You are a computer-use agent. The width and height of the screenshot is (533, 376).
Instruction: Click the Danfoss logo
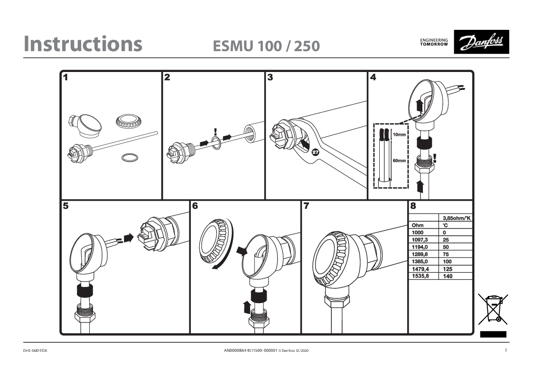(481, 42)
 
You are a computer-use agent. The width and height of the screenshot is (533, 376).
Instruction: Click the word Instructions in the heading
(83, 44)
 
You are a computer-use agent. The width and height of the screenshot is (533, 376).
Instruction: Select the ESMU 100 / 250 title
(266, 46)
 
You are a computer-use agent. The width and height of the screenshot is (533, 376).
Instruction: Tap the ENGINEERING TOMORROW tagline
(434, 42)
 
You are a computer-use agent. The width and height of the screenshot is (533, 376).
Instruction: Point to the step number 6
(195, 206)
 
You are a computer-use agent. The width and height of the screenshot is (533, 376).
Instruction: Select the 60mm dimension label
(399, 161)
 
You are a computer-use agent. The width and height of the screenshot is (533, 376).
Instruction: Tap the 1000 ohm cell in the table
(418, 233)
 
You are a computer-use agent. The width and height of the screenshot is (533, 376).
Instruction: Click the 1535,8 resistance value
(421, 276)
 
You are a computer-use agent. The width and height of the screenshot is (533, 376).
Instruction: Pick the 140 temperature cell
(448, 276)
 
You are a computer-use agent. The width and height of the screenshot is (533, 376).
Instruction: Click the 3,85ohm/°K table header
(457, 218)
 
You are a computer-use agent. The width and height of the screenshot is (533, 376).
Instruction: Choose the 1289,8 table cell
(421, 254)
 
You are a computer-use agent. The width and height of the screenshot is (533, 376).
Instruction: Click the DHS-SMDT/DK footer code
(35, 350)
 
